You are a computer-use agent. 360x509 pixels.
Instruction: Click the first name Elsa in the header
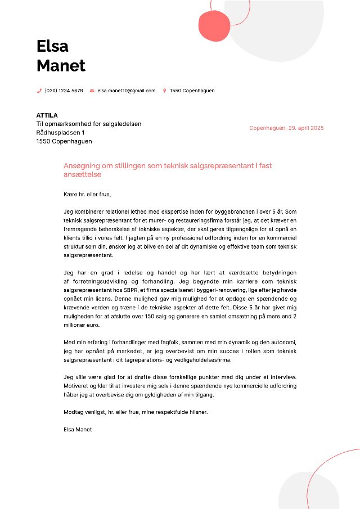52,46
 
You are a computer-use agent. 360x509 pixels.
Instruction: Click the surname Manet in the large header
61,66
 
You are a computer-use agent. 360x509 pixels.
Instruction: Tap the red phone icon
39,91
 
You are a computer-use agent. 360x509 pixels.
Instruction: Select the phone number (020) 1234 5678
64,91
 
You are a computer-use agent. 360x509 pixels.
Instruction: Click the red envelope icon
92,91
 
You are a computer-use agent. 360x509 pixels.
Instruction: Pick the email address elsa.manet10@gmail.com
126,91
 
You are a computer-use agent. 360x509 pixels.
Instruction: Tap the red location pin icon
164,91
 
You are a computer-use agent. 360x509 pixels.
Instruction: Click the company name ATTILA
47,115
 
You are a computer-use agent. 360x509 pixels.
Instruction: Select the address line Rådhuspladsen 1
60,133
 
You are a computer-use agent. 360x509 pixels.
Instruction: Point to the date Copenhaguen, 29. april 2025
286,128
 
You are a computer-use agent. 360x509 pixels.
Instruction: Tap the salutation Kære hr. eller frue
88,195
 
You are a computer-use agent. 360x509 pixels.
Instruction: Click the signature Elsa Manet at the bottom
78,429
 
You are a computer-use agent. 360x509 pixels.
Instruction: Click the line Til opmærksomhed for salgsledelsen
88,124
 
